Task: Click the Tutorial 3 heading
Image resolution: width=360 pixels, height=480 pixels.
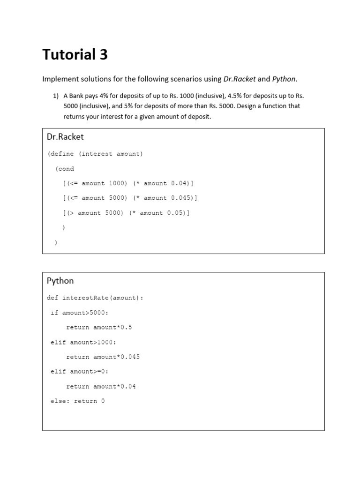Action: point(75,55)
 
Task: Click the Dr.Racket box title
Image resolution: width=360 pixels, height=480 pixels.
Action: point(65,137)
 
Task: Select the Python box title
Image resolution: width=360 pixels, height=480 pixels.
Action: point(60,281)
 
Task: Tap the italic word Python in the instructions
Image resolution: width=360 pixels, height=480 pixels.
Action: point(284,79)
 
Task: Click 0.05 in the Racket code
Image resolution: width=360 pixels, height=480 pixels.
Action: point(175,213)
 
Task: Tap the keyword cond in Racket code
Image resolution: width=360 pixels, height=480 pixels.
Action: point(67,169)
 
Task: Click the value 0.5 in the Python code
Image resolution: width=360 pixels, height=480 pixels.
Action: point(126,327)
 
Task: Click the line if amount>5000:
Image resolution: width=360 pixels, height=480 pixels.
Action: point(79,313)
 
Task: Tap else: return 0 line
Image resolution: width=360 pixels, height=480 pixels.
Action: point(77,401)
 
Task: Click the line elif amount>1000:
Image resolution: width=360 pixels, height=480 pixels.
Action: point(83,342)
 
